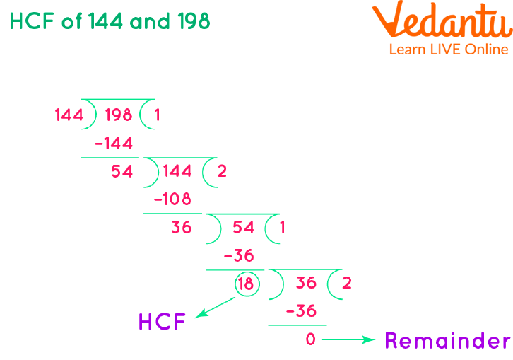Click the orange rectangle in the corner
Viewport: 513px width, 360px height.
(442, 27)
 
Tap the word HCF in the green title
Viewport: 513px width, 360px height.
(33, 21)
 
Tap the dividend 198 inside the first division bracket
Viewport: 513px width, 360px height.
(119, 115)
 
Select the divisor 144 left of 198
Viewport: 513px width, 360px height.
(69, 115)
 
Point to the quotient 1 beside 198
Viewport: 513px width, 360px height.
(157, 115)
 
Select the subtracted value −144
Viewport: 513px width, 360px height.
(113, 144)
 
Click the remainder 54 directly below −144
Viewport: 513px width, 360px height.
(122, 171)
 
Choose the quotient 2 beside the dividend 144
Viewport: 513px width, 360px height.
(222, 171)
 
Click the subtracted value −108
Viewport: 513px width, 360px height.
(172, 199)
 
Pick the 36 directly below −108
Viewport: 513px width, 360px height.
(182, 228)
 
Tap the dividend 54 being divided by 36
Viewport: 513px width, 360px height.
(243, 228)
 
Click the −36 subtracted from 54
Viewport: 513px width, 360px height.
(239, 256)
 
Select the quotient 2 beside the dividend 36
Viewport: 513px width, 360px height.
(346, 284)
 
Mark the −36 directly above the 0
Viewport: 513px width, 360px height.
(300, 311)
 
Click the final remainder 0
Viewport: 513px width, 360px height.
(310, 339)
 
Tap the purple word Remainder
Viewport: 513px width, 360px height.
(447, 341)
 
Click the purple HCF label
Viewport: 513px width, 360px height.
(162, 323)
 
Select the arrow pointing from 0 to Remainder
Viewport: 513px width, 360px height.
(348, 340)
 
